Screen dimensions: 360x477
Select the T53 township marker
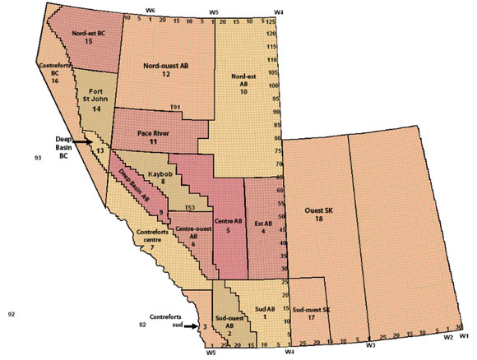pyautogui.click(x=189, y=206)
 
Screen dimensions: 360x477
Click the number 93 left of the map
pyautogui.click(x=38, y=156)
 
